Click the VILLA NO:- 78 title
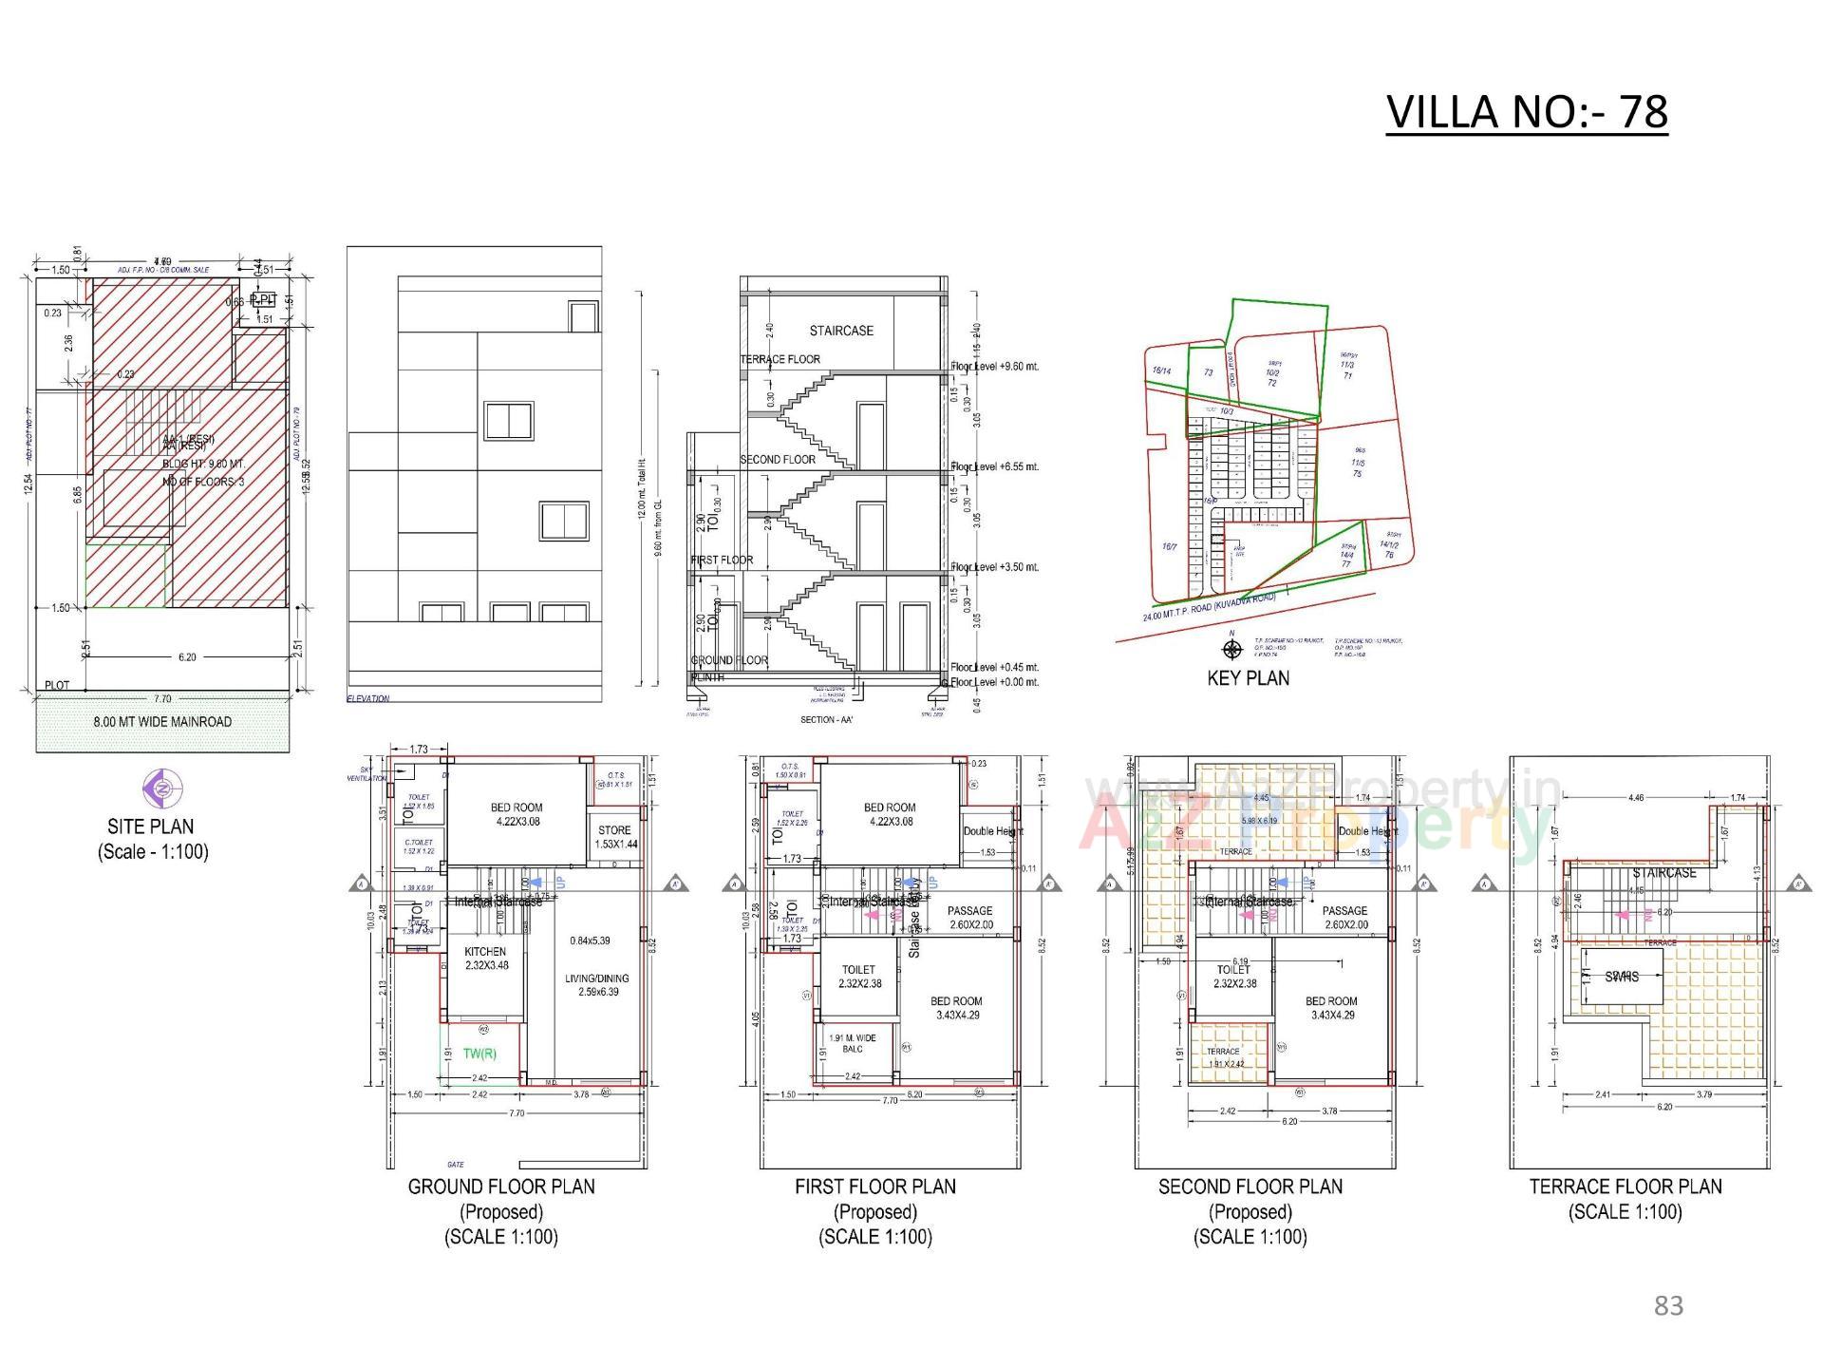[x=1526, y=112]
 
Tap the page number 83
[x=1668, y=1306]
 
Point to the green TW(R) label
[x=479, y=1054]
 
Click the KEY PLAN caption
[x=1248, y=678]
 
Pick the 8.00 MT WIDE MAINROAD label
[x=162, y=722]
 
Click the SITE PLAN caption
[x=151, y=826]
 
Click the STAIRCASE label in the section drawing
[x=841, y=331]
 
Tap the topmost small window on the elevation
[x=583, y=316]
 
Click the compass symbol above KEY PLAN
[x=1232, y=650]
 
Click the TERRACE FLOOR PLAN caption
[x=1625, y=1187]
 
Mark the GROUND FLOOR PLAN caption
[x=501, y=1187]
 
